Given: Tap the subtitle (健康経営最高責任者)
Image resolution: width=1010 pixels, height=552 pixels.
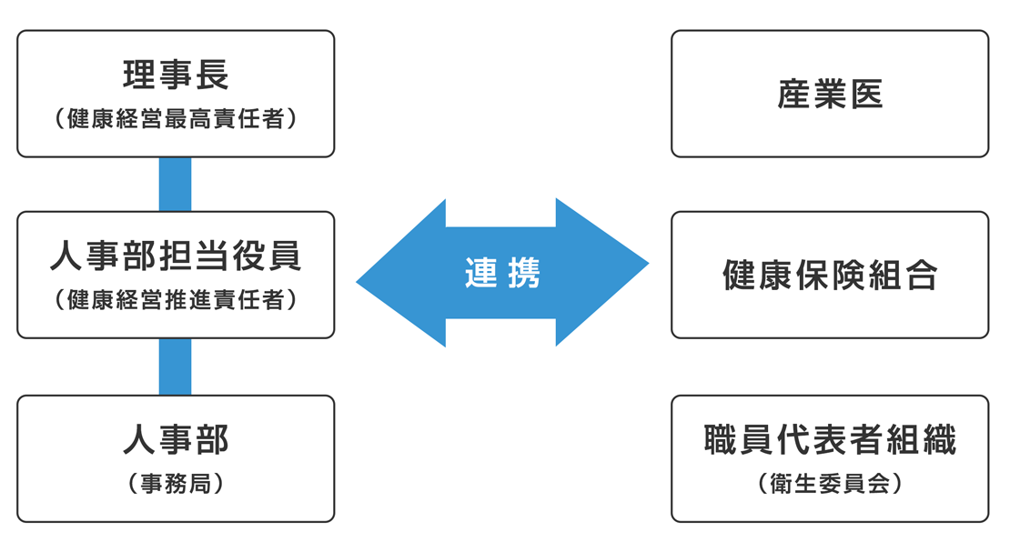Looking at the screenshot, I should (x=176, y=118).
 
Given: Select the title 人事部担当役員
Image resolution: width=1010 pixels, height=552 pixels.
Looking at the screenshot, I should (x=176, y=257).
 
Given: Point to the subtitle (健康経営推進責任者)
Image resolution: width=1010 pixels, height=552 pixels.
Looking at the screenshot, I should (x=176, y=300).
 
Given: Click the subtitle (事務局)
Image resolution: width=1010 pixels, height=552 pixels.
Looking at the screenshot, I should (x=176, y=483).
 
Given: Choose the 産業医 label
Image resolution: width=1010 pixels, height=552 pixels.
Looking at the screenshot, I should (x=830, y=94).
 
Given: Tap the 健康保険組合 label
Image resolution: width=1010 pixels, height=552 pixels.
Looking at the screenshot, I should (x=830, y=275).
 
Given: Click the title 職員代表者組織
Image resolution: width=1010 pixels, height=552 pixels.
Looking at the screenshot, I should (x=830, y=440).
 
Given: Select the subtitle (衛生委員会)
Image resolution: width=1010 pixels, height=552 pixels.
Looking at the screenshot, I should (x=830, y=483).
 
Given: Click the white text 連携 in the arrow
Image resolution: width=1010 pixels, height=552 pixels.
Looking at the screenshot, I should (x=502, y=273).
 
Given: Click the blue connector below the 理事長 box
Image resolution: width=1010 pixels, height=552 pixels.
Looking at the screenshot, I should (x=175, y=184).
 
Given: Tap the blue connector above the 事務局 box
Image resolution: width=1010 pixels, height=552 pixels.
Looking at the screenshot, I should (x=175, y=366).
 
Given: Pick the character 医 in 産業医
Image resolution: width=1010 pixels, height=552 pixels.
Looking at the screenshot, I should (x=868, y=94).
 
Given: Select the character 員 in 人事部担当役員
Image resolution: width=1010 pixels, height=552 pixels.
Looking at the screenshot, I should (x=286, y=257).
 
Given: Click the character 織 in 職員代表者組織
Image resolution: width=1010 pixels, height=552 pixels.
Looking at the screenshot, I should (x=941, y=440).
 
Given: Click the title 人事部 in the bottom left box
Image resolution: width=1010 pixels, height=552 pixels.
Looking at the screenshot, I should (x=176, y=440).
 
